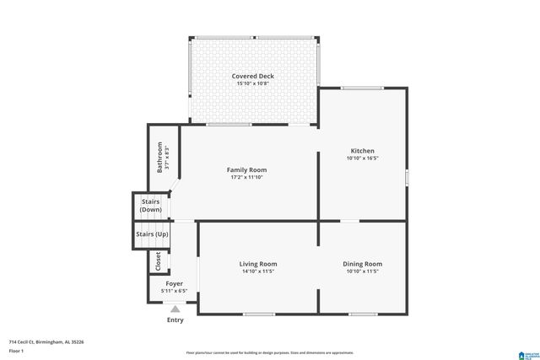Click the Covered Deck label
tap(254, 77)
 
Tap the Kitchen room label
tap(362, 151)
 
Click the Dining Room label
tap(362, 264)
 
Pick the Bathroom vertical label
tap(159, 157)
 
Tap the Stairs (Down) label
tap(150, 206)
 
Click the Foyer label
tap(175, 283)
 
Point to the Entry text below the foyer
tap(175, 320)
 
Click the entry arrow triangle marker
tap(175, 309)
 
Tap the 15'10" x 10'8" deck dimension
tap(254, 84)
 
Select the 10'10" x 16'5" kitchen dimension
tap(362, 159)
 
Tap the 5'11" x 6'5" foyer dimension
tap(175, 291)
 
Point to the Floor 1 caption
tap(17, 350)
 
